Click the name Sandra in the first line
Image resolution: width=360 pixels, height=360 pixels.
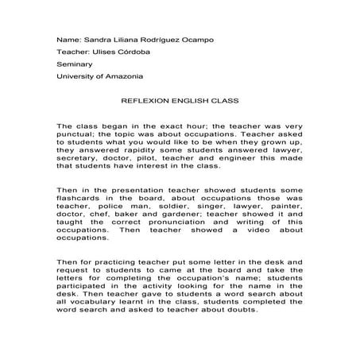click(x=96, y=39)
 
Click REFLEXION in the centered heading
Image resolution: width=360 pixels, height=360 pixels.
click(x=143, y=103)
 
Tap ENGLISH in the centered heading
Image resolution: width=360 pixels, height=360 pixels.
click(x=188, y=103)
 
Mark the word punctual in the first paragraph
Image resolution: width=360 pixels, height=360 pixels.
click(x=78, y=136)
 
